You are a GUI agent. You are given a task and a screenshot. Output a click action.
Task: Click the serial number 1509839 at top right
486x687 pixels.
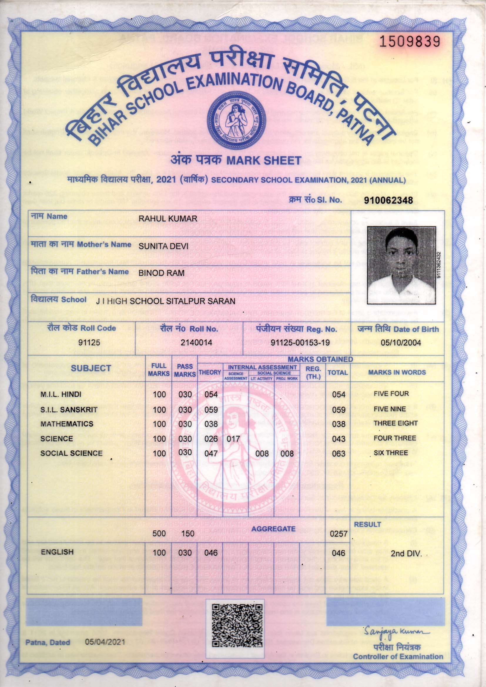point(410,42)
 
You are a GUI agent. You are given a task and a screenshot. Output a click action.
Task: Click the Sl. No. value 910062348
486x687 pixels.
point(388,200)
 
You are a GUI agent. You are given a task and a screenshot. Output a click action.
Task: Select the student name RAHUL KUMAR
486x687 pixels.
point(167,218)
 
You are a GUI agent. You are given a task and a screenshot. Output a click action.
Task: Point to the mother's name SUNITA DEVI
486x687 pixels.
point(163,246)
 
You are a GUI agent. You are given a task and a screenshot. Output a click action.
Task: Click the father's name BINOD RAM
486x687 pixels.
point(161,273)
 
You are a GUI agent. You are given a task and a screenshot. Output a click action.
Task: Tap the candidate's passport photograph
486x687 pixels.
point(401,265)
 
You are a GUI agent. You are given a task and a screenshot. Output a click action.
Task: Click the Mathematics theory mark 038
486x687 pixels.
point(211,424)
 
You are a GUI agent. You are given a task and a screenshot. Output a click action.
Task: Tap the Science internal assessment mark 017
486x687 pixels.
point(233,439)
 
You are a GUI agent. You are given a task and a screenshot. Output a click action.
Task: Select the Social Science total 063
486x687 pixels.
point(338,454)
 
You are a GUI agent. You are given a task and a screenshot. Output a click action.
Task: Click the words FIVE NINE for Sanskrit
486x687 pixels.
point(390,409)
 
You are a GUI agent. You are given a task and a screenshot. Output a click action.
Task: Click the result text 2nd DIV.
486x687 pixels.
point(406,554)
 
